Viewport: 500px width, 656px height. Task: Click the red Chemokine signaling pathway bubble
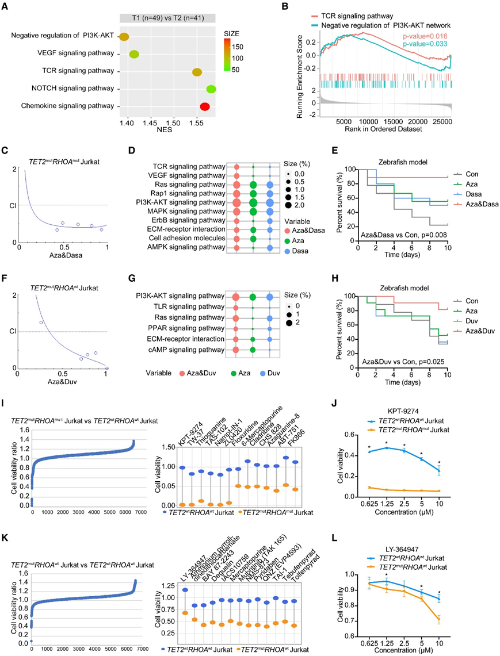205,107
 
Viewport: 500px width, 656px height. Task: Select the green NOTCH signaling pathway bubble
211,89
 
